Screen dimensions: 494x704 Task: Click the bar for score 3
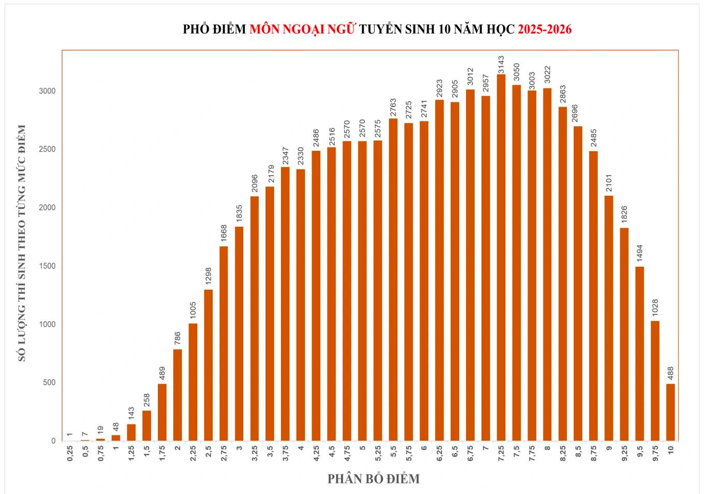(239, 333)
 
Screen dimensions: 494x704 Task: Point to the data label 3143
(501, 65)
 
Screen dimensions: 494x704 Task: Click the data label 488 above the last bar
(670, 373)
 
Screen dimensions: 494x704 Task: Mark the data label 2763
(393, 108)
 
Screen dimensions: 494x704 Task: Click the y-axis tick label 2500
(47, 149)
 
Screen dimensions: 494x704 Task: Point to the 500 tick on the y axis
(49, 383)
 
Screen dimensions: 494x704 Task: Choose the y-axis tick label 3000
(47, 91)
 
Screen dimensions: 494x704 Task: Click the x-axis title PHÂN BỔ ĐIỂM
(373, 479)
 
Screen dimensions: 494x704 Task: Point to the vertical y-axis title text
(22, 243)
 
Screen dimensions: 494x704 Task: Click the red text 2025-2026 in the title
(545, 29)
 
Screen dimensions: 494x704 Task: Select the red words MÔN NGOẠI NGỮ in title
(302, 29)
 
